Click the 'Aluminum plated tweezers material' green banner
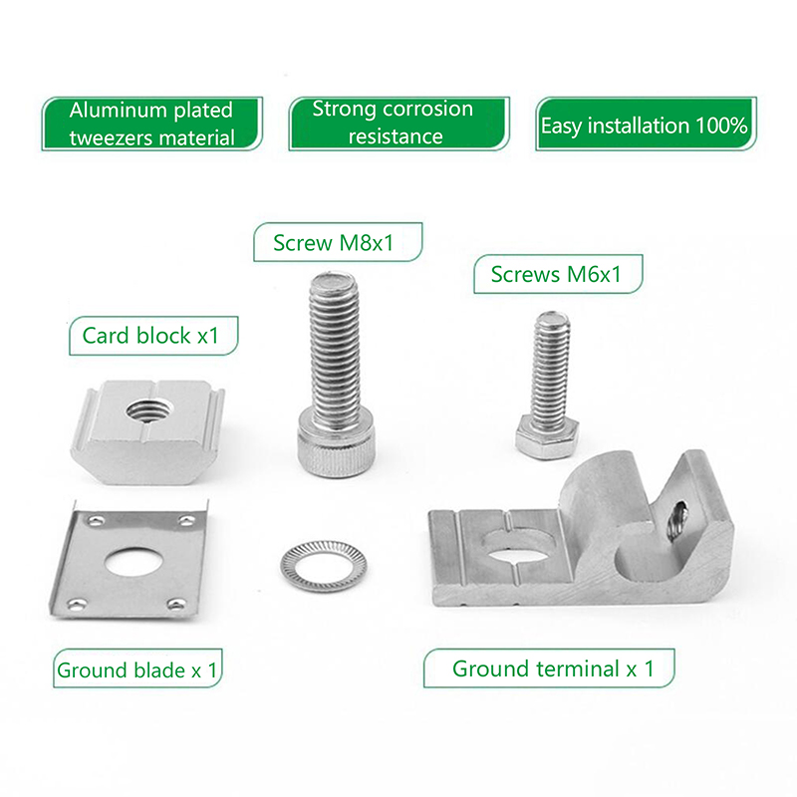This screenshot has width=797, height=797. tap(152, 124)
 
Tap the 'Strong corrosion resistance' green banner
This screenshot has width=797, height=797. tap(399, 124)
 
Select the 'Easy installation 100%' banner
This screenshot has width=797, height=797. tap(646, 124)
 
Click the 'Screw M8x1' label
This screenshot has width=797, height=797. tap(338, 242)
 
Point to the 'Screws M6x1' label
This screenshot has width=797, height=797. tap(558, 274)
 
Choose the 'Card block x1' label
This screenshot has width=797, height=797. tap(153, 336)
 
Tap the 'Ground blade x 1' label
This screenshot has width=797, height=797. tap(137, 668)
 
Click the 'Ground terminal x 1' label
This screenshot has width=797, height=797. tap(549, 668)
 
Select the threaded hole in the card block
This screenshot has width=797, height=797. tap(150, 409)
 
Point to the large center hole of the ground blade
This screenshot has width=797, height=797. tap(134, 561)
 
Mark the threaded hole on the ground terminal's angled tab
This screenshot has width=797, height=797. tap(677, 521)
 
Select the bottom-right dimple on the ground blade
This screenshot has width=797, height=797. tap(176, 605)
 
